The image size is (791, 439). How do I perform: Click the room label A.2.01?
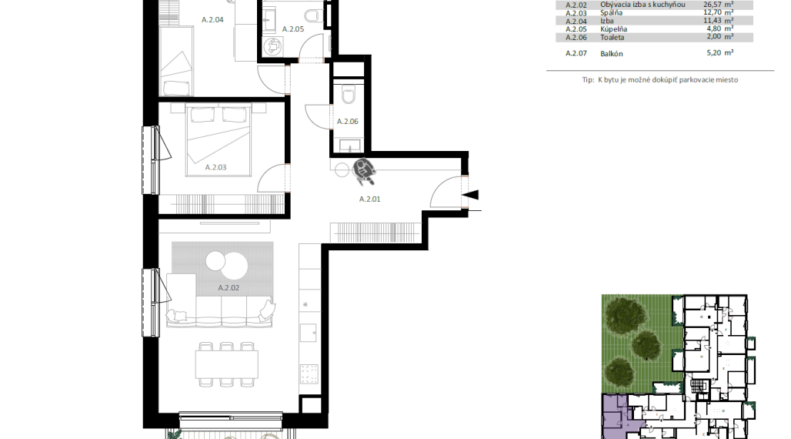[370, 199]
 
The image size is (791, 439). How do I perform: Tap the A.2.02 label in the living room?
[229, 287]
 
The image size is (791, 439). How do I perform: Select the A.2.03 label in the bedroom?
[215, 167]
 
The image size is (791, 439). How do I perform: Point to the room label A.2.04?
[212, 20]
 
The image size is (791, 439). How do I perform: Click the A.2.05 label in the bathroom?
[293, 29]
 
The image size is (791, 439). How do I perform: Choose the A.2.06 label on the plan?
[348, 121]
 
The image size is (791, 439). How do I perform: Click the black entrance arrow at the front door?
[471, 195]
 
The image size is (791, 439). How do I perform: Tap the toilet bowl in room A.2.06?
[348, 95]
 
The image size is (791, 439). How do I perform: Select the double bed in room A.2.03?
[219, 140]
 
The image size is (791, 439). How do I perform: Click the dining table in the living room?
[226, 365]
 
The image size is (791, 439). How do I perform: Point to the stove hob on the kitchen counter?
[309, 374]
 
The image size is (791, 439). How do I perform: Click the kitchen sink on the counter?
[309, 333]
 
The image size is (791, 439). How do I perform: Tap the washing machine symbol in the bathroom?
[273, 46]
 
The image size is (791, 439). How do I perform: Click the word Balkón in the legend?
[612, 54]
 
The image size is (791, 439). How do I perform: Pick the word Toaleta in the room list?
[612, 38]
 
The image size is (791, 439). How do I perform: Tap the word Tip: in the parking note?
[588, 80]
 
